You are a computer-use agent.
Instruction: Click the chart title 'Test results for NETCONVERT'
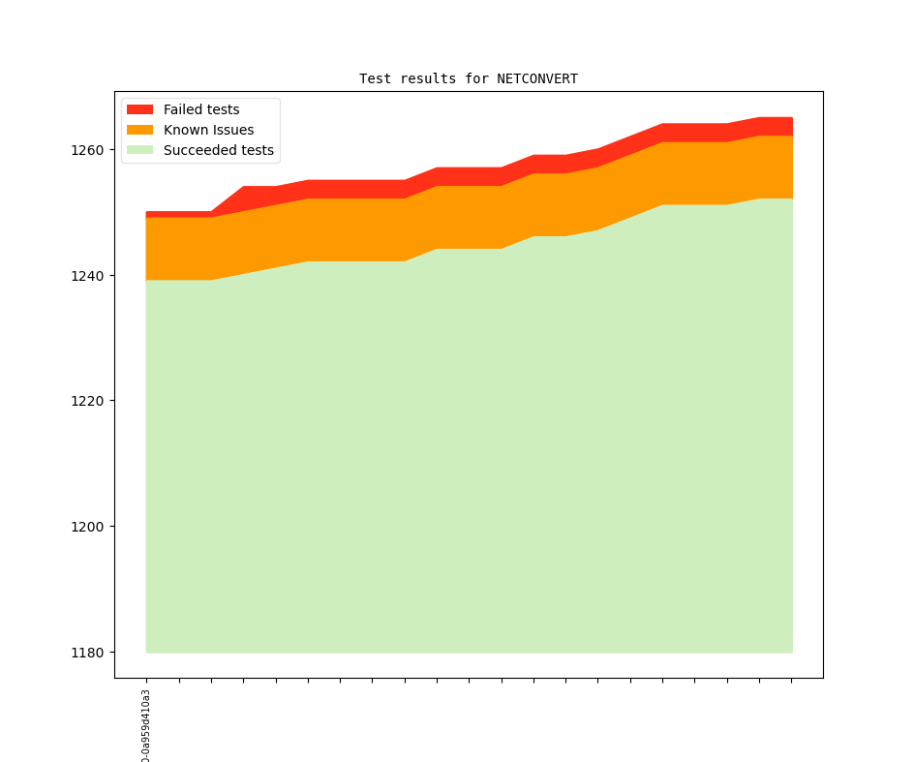(x=469, y=78)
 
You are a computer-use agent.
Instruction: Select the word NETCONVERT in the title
(x=537, y=78)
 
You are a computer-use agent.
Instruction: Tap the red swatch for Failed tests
(x=140, y=109)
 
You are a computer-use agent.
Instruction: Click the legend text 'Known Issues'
(x=208, y=130)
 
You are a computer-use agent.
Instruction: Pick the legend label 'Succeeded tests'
(x=218, y=150)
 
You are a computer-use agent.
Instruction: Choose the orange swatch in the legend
(x=140, y=130)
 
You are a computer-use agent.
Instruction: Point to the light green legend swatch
(x=140, y=150)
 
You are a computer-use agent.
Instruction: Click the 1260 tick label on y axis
(x=88, y=150)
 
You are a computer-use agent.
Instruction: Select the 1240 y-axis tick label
(x=88, y=276)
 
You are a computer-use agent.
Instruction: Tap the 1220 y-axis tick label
(x=88, y=401)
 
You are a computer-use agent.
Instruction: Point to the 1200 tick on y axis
(x=88, y=527)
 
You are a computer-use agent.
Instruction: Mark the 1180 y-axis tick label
(x=88, y=653)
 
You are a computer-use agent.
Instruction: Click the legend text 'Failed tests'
(x=201, y=109)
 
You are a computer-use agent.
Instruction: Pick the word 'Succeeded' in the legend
(x=198, y=150)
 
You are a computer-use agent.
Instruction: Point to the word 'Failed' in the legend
(x=183, y=109)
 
